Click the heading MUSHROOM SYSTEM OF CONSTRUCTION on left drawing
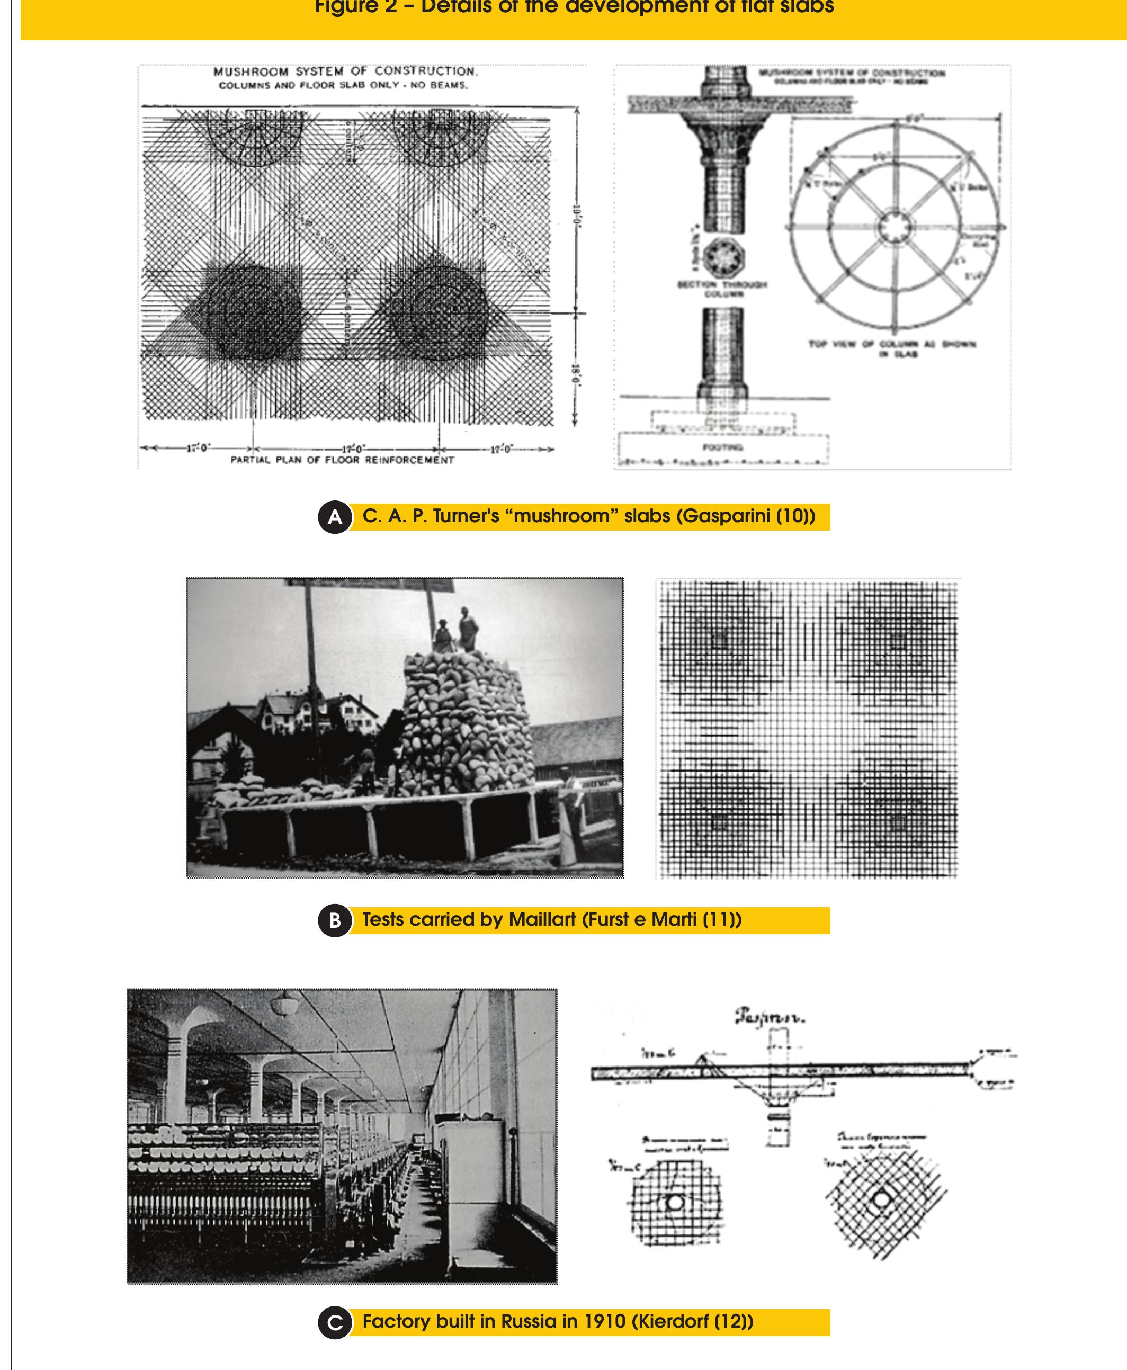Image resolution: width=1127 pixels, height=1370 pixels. (x=345, y=71)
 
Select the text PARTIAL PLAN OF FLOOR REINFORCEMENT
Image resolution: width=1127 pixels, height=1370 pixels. (x=342, y=460)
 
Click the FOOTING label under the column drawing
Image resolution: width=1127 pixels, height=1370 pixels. (x=722, y=447)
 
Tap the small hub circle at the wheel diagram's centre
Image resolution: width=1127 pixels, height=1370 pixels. (x=895, y=228)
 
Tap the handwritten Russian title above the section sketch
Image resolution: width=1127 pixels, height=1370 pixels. (x=770, y=1017)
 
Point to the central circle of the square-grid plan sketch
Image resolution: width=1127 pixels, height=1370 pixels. (x=675, y=1202)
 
